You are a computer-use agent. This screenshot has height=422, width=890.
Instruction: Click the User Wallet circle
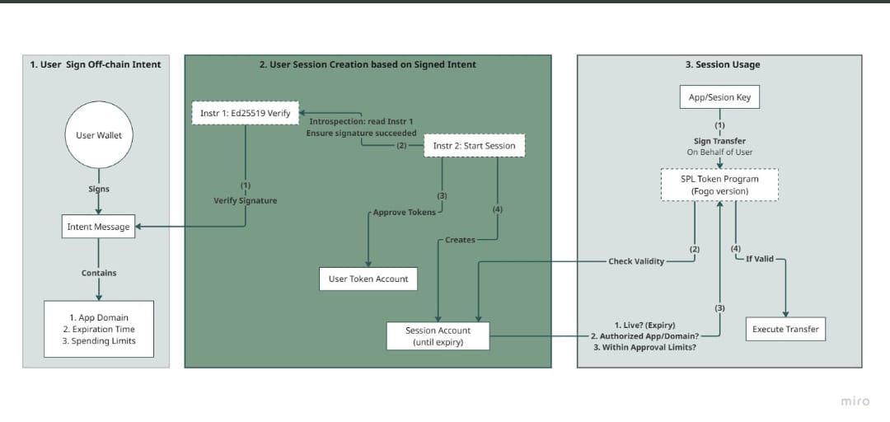click(x=99, y=135)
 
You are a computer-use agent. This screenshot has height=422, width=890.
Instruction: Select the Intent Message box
click(x=99, y=227)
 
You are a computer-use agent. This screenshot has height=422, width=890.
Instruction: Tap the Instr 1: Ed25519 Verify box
click(x=246, y=113)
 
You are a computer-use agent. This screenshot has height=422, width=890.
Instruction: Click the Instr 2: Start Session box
click(x=475, y=145)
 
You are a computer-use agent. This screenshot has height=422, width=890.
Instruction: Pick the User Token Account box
click(x=368, y=279)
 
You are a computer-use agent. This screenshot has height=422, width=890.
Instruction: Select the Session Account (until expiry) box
click(x=438, y=335)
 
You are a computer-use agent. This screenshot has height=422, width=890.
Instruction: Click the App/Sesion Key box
click(x=720, y=97)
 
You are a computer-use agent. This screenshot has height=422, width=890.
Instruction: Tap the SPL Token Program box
click(x=720, y=184)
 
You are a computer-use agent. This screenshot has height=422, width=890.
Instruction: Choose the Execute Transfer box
click(x=785, y=330)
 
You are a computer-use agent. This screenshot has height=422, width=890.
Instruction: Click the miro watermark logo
click(x=855, y=401)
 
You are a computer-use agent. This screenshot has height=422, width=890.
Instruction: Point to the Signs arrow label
click(x=99, y=189)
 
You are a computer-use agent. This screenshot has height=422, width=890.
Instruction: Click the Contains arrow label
click(x=99, y=273)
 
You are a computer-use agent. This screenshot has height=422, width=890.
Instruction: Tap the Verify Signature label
click(x=246, y=200)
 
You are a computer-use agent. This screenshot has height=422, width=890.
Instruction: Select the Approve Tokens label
click(x=404, y=213)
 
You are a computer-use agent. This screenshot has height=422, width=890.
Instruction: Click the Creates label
click(x=460, y=240)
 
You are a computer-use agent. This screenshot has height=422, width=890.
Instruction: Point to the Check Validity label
click(x=636, y=262)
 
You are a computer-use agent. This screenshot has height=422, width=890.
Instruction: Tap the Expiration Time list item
click(x=99, y=330)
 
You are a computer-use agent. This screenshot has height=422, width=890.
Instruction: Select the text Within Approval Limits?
click(x=646, y=346)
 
